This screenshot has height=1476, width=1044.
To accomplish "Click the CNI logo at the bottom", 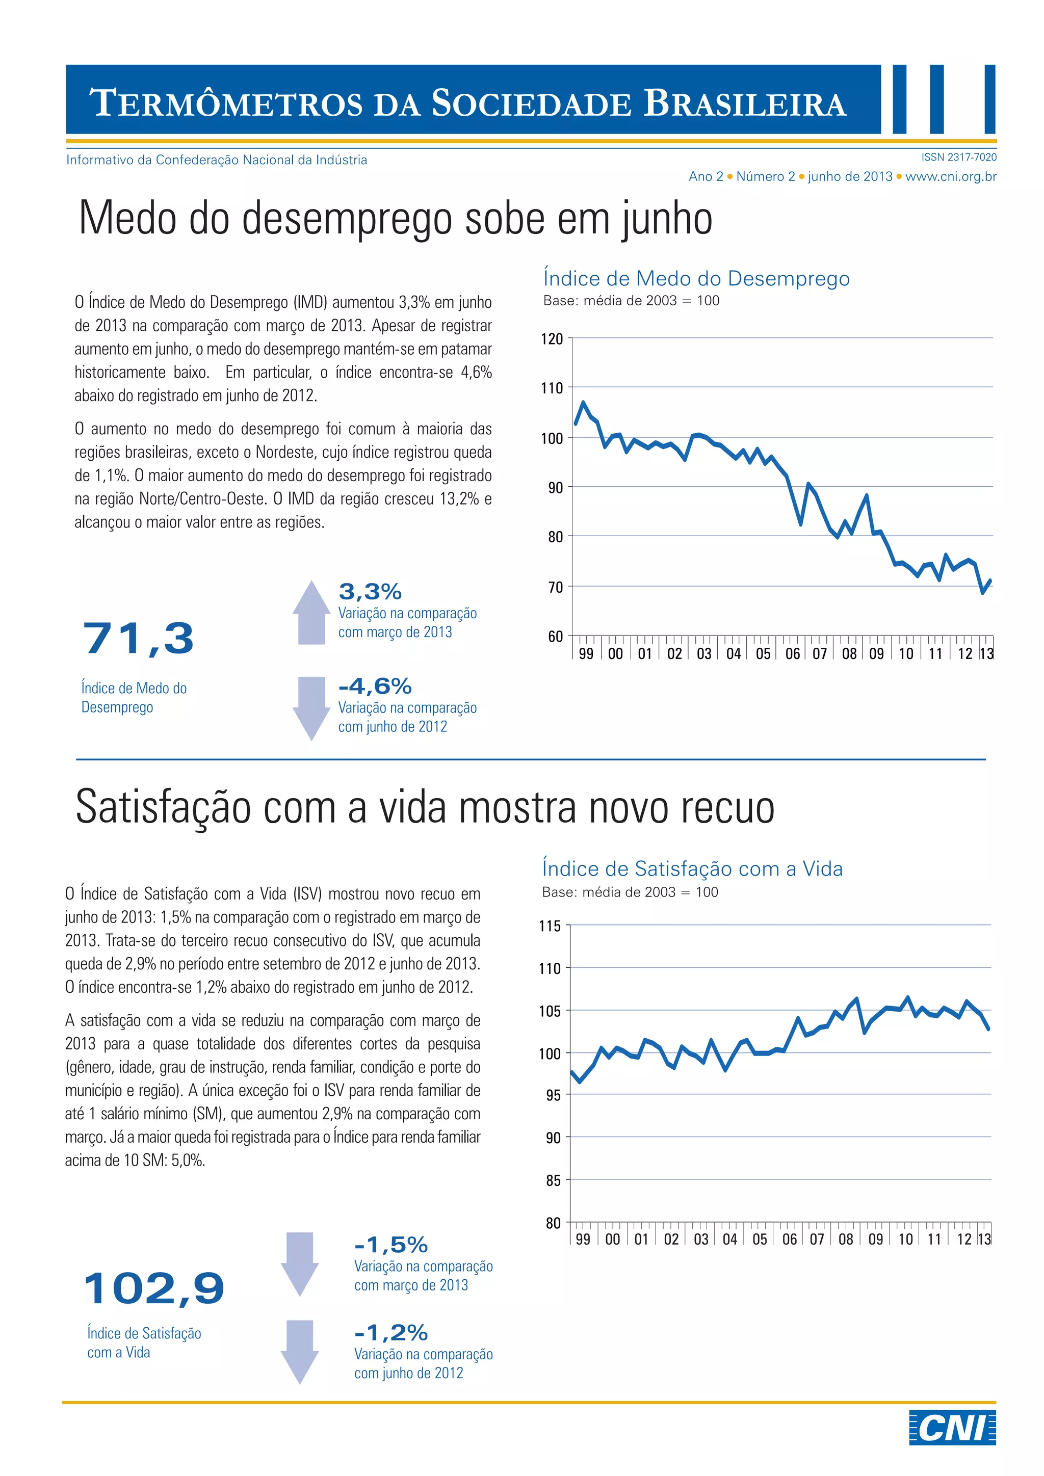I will pos(952,1428).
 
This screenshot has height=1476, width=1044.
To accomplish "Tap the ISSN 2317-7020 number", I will pos(958,157).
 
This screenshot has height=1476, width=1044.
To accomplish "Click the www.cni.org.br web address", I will pos(951,176).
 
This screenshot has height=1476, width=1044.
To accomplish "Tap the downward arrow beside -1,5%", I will pos(300,1263).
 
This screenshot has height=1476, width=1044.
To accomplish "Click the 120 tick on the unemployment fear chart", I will pos(552,339).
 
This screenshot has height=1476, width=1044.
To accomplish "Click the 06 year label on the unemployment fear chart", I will pos(793,654).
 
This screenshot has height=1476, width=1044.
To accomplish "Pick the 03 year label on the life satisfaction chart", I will pos(701,1239).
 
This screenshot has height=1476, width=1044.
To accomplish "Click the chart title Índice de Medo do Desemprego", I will pos(696,278).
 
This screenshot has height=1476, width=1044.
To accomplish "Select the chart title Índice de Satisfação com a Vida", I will pos(692,868).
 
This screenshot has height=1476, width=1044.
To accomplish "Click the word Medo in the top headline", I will pos(128,219).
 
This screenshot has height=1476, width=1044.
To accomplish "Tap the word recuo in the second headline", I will pos(728,807).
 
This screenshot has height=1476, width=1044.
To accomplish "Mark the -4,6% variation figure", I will pos(375,686).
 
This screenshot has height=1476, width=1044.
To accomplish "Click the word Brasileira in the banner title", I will pos(745,103).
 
